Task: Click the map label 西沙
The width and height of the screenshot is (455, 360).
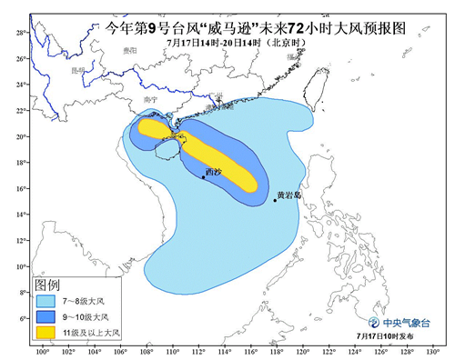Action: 213,170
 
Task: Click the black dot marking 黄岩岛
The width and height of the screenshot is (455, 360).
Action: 275,200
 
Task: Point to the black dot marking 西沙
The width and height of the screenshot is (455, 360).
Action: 203,177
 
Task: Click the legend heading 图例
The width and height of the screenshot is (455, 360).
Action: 47,285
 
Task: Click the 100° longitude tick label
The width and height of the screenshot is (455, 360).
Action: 42,351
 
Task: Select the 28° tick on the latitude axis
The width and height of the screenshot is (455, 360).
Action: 19,32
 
